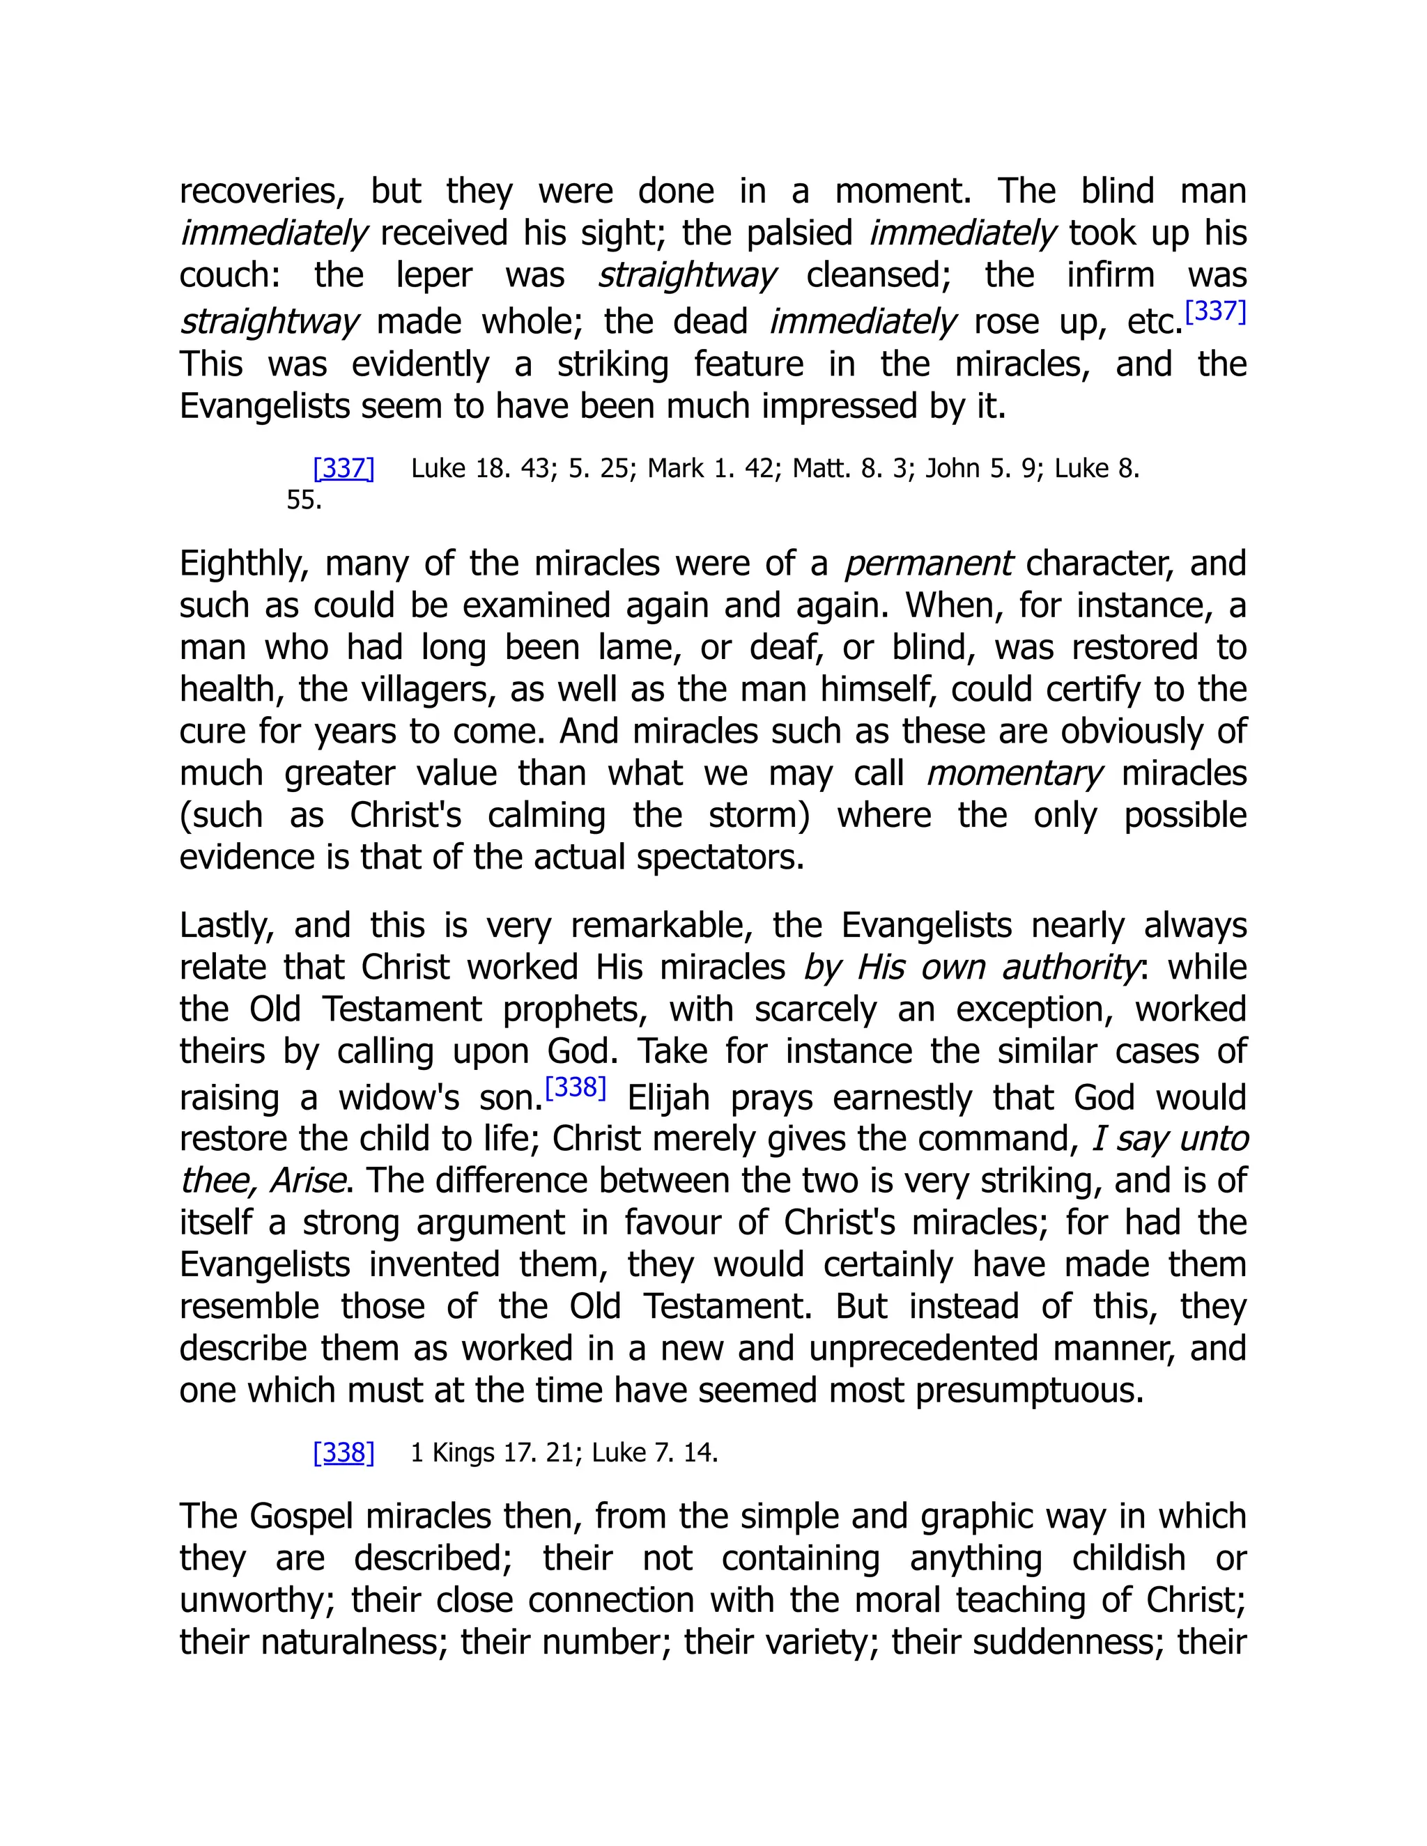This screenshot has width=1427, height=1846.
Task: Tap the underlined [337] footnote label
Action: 344,468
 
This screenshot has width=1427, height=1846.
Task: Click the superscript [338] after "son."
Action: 576,1088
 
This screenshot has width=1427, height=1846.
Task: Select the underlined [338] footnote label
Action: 344,1453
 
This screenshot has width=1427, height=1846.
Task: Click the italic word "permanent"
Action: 927,564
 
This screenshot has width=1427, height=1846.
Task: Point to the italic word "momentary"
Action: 1014,773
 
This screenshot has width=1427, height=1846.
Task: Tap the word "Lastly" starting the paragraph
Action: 226,926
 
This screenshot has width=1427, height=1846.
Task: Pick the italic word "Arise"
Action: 307,1181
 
